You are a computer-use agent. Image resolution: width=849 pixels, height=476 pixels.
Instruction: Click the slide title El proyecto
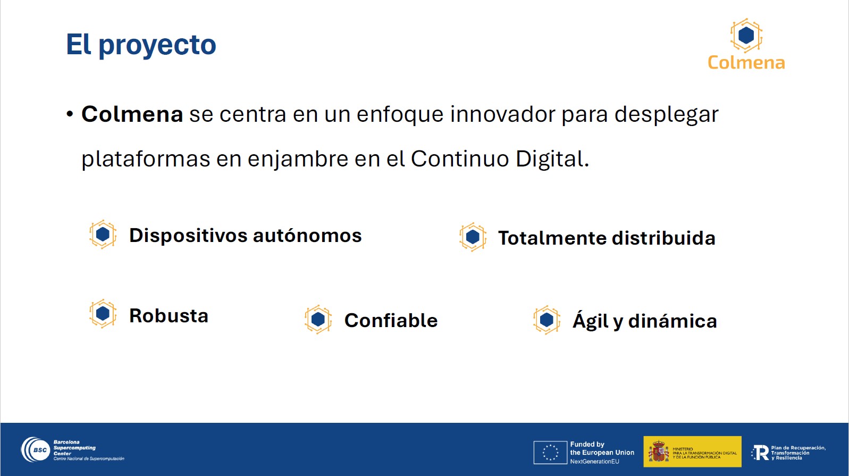141,45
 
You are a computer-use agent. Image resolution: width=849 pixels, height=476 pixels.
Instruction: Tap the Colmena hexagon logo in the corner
746,35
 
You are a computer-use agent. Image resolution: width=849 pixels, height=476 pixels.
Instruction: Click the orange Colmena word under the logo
746,63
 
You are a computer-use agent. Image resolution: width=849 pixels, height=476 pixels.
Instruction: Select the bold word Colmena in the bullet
132,114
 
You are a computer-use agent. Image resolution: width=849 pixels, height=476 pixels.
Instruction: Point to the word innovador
502,114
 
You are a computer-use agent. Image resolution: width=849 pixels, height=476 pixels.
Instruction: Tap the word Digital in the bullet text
552,158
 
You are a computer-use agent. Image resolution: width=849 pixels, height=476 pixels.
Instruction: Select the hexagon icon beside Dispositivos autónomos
103,235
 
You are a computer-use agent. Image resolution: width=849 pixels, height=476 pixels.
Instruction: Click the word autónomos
307,236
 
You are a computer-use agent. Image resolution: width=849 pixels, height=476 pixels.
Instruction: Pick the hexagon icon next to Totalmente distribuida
473,237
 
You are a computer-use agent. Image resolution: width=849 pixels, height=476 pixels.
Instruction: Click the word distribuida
663,238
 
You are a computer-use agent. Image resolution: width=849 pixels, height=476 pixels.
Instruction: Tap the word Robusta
169,316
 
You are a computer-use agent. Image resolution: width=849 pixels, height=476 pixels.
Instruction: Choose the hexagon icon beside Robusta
103,314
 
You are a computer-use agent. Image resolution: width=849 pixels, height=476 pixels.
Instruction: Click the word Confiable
391,321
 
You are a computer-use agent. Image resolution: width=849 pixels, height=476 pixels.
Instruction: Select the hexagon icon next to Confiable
318,320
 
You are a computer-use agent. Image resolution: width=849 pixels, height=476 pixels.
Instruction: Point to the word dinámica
673,321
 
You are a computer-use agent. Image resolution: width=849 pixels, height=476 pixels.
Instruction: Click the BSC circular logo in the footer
36,449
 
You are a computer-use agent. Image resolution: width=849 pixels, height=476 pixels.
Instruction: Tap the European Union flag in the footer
550,453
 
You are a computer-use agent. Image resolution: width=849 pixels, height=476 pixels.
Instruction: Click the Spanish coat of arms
659,452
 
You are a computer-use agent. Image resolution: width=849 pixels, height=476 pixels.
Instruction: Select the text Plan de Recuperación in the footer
798,448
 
